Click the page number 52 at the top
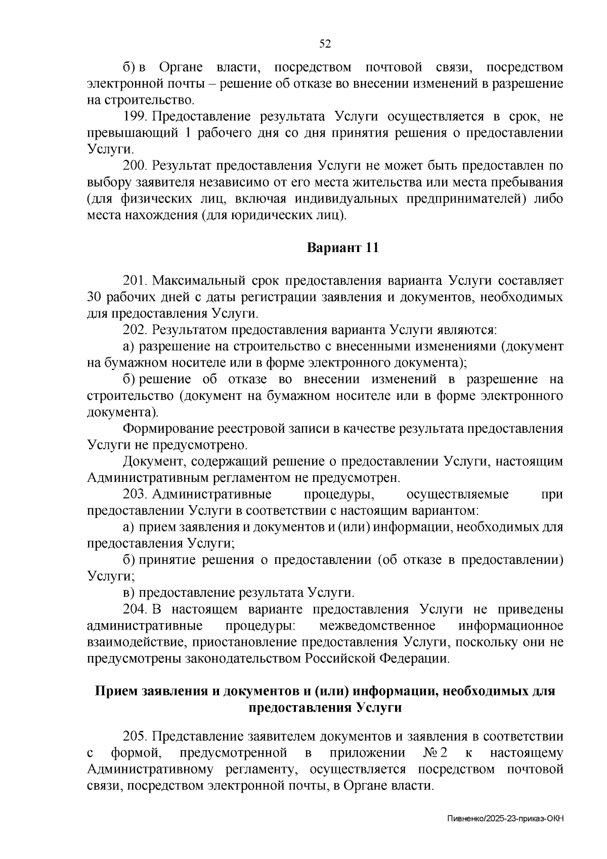(x=325, y=44)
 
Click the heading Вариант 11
(x=342, y=248)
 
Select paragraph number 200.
(x=135, y=166)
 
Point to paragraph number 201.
(x=135, y=280)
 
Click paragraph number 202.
(x=135, y=330)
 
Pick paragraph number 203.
(x=135, y=494)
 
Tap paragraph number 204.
(x=135, y=609)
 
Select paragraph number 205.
(x=135, y=735)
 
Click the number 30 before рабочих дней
(x=95, y=297)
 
